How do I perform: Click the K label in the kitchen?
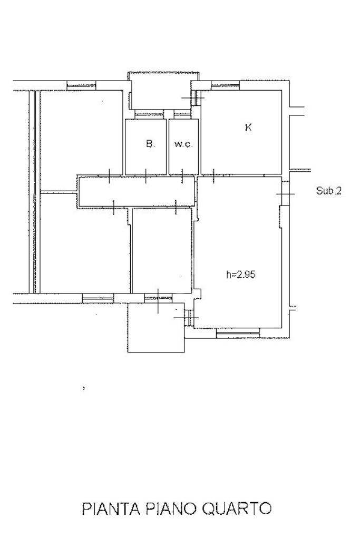tap(248, 128)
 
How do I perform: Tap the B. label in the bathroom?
tap(150, 144)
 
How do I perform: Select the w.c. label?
tap(183, 144)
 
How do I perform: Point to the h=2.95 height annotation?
tap(241, 275)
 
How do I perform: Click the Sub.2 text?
tap(329, 191)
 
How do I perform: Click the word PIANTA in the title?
tap(111, 508)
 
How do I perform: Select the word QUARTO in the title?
tap(237, 508)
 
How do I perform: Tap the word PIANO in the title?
tap(171, 508)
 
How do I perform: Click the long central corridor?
tap(137, 192)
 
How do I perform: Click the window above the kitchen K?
tap(225, 84)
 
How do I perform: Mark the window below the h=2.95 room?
tap(238, 332)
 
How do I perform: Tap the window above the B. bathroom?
tap(149, 113)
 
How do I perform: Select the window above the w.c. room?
tap(182, 113)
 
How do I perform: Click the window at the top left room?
tap(81, 84)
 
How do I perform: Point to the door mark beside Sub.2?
tap(285, 194)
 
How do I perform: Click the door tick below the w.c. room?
tap(182, 177)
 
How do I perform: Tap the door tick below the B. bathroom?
tap(146, 177)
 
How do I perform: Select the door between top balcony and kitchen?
tap(196, 97)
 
